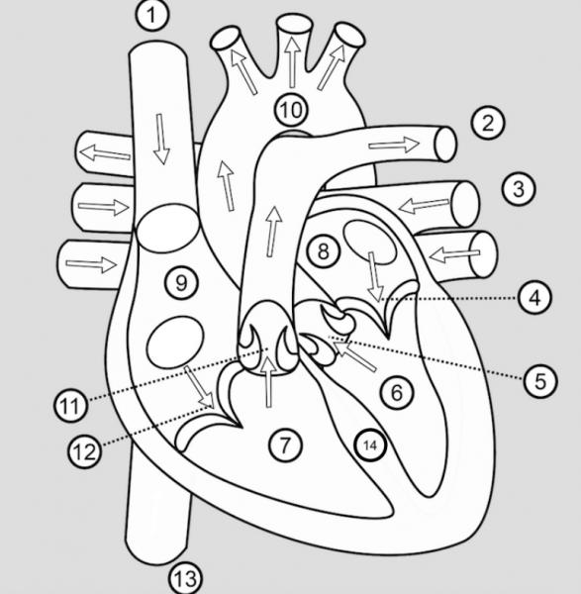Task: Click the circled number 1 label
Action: click(x=151, y=15)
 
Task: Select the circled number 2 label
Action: click(x=488, y=123)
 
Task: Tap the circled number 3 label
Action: click(x=519, y=189)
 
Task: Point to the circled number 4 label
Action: click(x=534, y=298)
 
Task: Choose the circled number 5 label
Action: click(x=540, y=380)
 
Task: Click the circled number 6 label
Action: click(x=397, y=392)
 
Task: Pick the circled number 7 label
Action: click(x=285, y=445)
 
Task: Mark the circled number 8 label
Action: click(x=323, y=251)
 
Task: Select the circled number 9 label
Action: click(x=181, y=282)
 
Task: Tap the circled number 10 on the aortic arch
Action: click(x=291, y=110)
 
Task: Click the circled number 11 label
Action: click(x=70, y=406)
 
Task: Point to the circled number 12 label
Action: click(x=84, y=451)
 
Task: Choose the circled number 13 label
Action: click(x=185, y=578)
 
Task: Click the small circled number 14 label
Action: click(x=370, y=445)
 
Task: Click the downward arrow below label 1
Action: click(x=161, y=139)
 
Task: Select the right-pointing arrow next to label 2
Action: click(x=394, y=145)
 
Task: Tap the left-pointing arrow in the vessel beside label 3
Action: click(x=425, y=206)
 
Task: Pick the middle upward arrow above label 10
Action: click(x=292, y=62)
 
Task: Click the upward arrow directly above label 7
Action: click(x=269, y=381)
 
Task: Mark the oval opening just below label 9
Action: click(x=175, y=343)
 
